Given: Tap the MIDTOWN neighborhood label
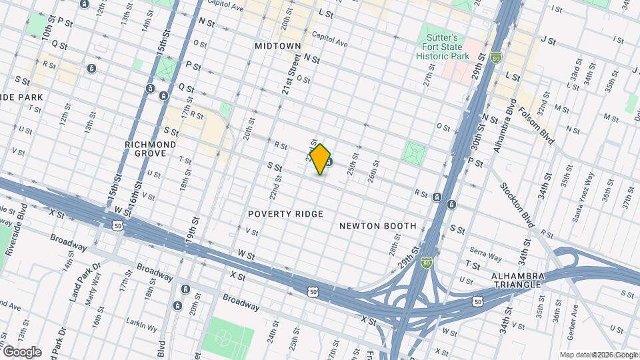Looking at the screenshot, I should coord(278,46).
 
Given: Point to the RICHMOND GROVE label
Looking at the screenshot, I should coord(151,149).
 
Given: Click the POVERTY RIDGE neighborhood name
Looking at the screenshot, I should coord(285,214).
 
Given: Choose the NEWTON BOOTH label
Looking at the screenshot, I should coord(377,226).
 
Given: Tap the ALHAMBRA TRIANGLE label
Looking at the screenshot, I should coord(519,280).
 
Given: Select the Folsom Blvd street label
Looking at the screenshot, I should coord(536,125).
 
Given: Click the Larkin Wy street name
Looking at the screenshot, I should coord(144,329).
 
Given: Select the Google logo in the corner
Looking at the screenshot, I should coord(21,352).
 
